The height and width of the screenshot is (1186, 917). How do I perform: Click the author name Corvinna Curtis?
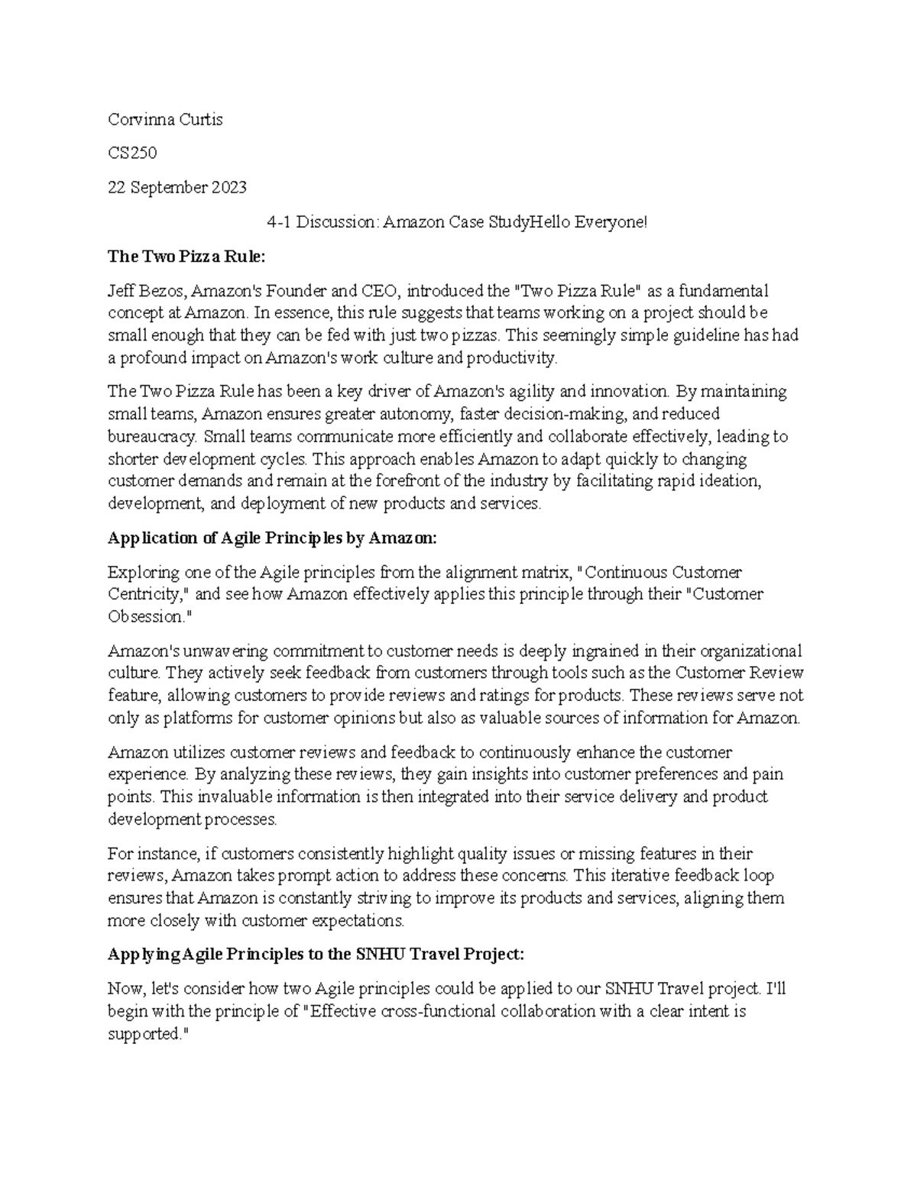pos(165,119)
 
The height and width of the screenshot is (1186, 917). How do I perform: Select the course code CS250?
pos(132,153)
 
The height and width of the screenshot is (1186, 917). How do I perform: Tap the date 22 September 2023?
pos(177,187)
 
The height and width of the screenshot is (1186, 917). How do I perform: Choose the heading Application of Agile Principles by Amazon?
pos(273,538)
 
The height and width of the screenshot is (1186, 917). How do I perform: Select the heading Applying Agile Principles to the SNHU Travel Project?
pos(316,955)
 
